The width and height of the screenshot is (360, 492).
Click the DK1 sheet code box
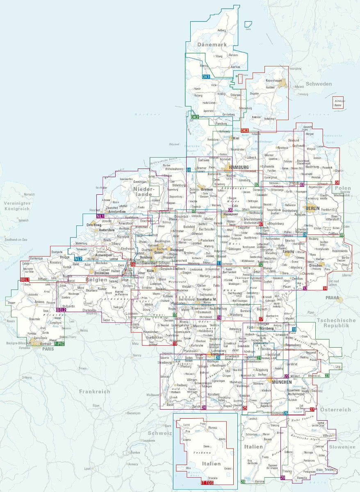coord(206,77)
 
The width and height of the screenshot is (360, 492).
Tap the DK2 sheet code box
coord(195,117)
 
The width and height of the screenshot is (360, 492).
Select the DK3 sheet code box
coord(245,130)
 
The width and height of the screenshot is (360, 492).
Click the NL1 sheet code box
coord(100,216)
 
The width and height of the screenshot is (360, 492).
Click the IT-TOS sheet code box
coord(207,484)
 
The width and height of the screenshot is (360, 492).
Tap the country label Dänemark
coord(211,44)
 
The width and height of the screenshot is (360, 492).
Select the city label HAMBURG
coord(239,167)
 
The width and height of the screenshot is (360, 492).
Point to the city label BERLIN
coord(312,208)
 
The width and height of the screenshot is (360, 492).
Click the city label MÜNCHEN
coord(281,382)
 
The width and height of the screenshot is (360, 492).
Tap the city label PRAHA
coord(332,298)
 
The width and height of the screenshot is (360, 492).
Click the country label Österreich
coord(335,410)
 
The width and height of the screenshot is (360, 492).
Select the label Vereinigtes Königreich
coord(15,206)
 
